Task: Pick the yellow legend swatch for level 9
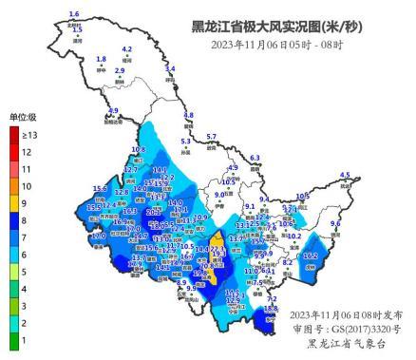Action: pos(13,203)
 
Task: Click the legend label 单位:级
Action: pos(23,117)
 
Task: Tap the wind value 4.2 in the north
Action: pos(127,48)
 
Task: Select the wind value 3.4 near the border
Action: pos(170,68)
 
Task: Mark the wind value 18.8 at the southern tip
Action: pos(271,308)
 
